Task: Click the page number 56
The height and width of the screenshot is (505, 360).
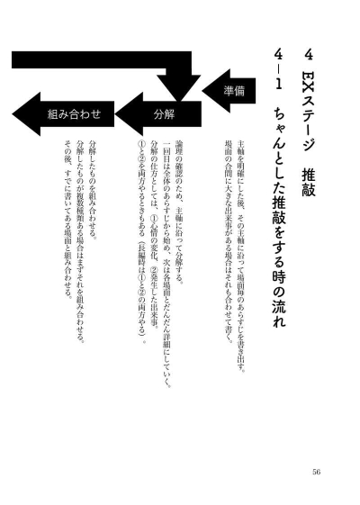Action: (316, 472)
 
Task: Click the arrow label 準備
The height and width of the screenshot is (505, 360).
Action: (234, 91)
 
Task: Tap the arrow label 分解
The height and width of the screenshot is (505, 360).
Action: (164, 113)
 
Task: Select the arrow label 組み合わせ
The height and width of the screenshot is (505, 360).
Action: (74, 113)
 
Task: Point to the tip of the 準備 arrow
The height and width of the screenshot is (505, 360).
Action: (202, 91)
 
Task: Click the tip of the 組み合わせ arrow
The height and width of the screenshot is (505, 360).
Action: (13, 113)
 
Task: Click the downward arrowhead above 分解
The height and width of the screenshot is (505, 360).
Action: (179, 87)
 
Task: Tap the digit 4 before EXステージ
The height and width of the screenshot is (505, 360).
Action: (309, 55)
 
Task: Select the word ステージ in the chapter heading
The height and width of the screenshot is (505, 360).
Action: (309, 122)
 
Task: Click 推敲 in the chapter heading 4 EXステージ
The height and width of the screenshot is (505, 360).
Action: (309, 183)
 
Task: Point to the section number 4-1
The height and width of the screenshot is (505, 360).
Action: (278, 70)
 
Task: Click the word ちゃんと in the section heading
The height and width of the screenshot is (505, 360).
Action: (278, 136)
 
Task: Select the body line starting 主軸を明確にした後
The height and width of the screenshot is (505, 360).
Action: (241, 256)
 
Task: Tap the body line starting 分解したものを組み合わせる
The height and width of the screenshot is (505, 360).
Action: (93, 189)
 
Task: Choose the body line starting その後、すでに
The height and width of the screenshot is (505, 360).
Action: (67, 220)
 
